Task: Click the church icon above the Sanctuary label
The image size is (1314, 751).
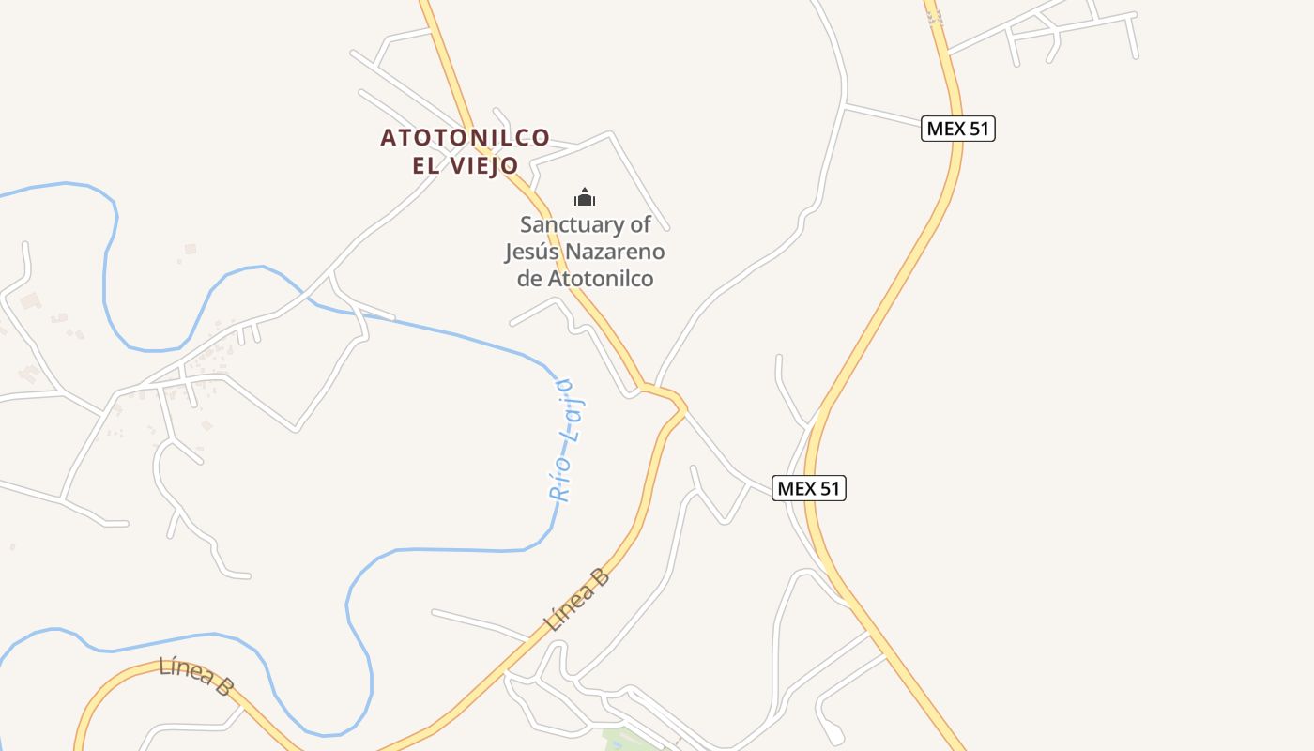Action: coord(585,197)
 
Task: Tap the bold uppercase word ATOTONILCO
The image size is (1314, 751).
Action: coord(465,138)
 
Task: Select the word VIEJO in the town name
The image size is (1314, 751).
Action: coord(484,166)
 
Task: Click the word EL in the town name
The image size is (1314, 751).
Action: coord(426,166)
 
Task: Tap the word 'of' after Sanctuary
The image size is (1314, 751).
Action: coord(640,225)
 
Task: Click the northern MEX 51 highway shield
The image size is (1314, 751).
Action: coord(957,129)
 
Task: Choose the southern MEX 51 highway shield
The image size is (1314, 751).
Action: coord(808,488)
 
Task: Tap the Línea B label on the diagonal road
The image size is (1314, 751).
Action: coord(577,600)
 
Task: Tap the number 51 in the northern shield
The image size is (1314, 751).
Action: coord(978,129)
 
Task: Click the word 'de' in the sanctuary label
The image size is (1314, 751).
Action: coord(529,279)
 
